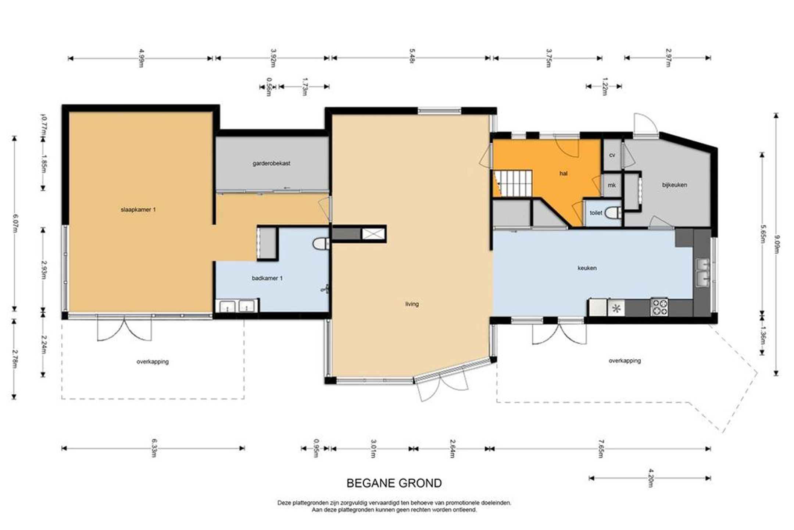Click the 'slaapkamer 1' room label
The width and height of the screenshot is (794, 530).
tap(138, 210)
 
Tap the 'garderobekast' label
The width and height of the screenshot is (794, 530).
tap(271, 163)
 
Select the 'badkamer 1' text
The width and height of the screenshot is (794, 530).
tap(267, 278)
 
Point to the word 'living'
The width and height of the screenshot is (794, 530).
tap(412, 304)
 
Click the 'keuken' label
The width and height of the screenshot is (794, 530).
tap(587, 268)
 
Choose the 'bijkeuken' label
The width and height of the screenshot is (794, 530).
tap(675, 185)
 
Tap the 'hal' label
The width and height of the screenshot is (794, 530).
tap(563, 173)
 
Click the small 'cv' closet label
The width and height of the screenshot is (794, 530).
tap(612, 155)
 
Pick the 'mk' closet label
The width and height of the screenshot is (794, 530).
tap(612, 185)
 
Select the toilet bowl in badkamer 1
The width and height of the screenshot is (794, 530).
tap(321, 244)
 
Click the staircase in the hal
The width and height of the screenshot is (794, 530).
tap(512, 184)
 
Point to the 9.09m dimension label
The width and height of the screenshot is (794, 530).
tap(776, 245)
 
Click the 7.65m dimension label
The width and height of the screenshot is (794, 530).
tap(600, 449)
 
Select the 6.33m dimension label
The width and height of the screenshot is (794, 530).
tap(154, 448)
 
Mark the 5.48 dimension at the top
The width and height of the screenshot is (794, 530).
tap(411, 58)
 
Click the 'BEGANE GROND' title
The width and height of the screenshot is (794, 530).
tap(394, 483)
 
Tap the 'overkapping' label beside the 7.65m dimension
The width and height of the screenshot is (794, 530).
tap(625, 361)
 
